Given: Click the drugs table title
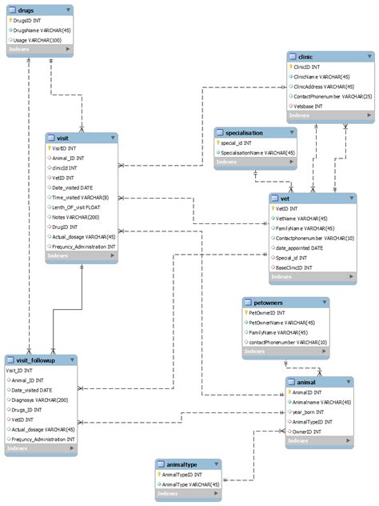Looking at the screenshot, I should pos(26,10).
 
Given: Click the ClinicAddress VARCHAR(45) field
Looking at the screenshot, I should pos(324,86).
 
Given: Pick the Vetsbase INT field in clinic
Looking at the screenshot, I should pos(307,106).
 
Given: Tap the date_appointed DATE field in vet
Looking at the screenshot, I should pos(305,248).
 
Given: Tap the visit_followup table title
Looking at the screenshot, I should pos(36,360).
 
